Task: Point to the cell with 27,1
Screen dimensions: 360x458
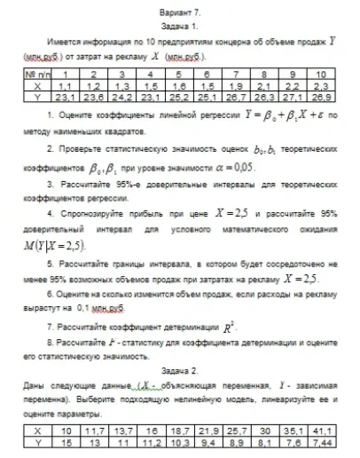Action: pos(293,97)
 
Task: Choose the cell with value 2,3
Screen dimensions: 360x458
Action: pos(321,87)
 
